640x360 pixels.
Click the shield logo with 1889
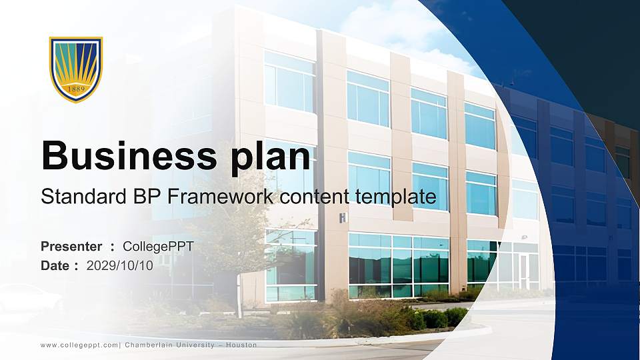(x=76, y=69)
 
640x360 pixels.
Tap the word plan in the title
(x=275, y=158)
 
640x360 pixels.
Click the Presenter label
(x=71, y=247)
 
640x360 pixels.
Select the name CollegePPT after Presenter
(x=158, y=247)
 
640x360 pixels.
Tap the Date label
(x=56, y=265)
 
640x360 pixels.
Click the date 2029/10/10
(x=119, y=265)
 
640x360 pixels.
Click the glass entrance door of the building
(x=524, y=271)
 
